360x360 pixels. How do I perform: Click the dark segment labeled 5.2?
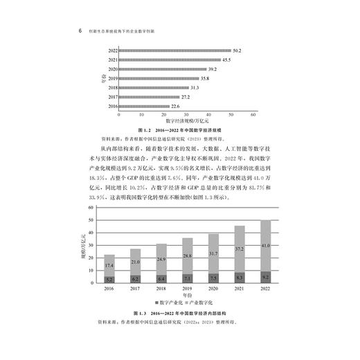tap(109, 278)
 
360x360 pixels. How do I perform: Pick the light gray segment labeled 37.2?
tap(240, 249)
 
